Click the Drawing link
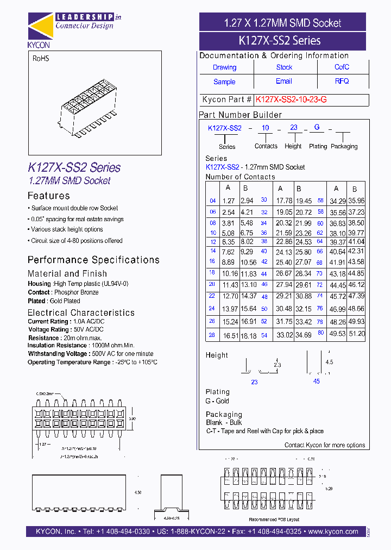[x=224, y=67]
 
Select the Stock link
[x=284, y=67]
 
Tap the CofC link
[x=342, y=67]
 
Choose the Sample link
[x=224, y=82]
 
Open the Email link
[x=284, y=81]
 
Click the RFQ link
[x=342, y=81]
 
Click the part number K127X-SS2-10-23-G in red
[x=291, y=100]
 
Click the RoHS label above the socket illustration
[x=40, y=58]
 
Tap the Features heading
[x=48, y=196]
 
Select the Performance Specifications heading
[x=93, y=260]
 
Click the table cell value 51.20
[x=356, y=334]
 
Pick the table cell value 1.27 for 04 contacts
[x=228, y=201]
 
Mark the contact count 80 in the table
[x=321, y=333]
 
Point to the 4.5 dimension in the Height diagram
[x=329, y=362]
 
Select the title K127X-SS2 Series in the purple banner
[x=280, y=40]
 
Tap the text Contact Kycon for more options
[x=325, y=445]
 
